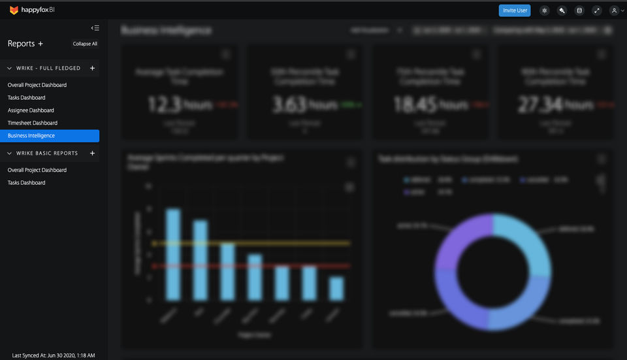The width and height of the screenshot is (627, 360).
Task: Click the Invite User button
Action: click(515, 10)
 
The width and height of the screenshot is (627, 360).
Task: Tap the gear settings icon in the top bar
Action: click(545, 10)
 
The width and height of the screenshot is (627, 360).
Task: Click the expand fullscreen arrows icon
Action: click(596, 10)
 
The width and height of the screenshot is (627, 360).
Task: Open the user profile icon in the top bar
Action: click(614, 10)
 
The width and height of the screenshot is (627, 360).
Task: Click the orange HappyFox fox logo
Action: click(14, 10)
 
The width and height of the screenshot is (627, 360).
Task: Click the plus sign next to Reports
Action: click(40, 44)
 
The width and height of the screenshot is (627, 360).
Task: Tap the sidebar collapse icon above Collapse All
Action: click(95, 28)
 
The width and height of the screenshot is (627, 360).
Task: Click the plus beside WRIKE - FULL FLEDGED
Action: click(92, 68)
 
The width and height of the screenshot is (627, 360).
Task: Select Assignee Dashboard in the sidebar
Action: click(31, 110)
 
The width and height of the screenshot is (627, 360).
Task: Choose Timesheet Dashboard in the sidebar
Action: click(33, 123)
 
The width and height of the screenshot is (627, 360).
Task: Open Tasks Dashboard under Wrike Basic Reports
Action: click(26, 183)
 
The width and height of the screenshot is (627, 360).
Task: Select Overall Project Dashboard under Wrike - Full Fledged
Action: click(37, 85)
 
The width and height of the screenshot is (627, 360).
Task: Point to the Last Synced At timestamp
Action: click(54, 355)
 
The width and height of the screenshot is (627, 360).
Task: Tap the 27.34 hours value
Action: click(555, 105)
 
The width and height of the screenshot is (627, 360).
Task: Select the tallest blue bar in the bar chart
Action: click(173, 255)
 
